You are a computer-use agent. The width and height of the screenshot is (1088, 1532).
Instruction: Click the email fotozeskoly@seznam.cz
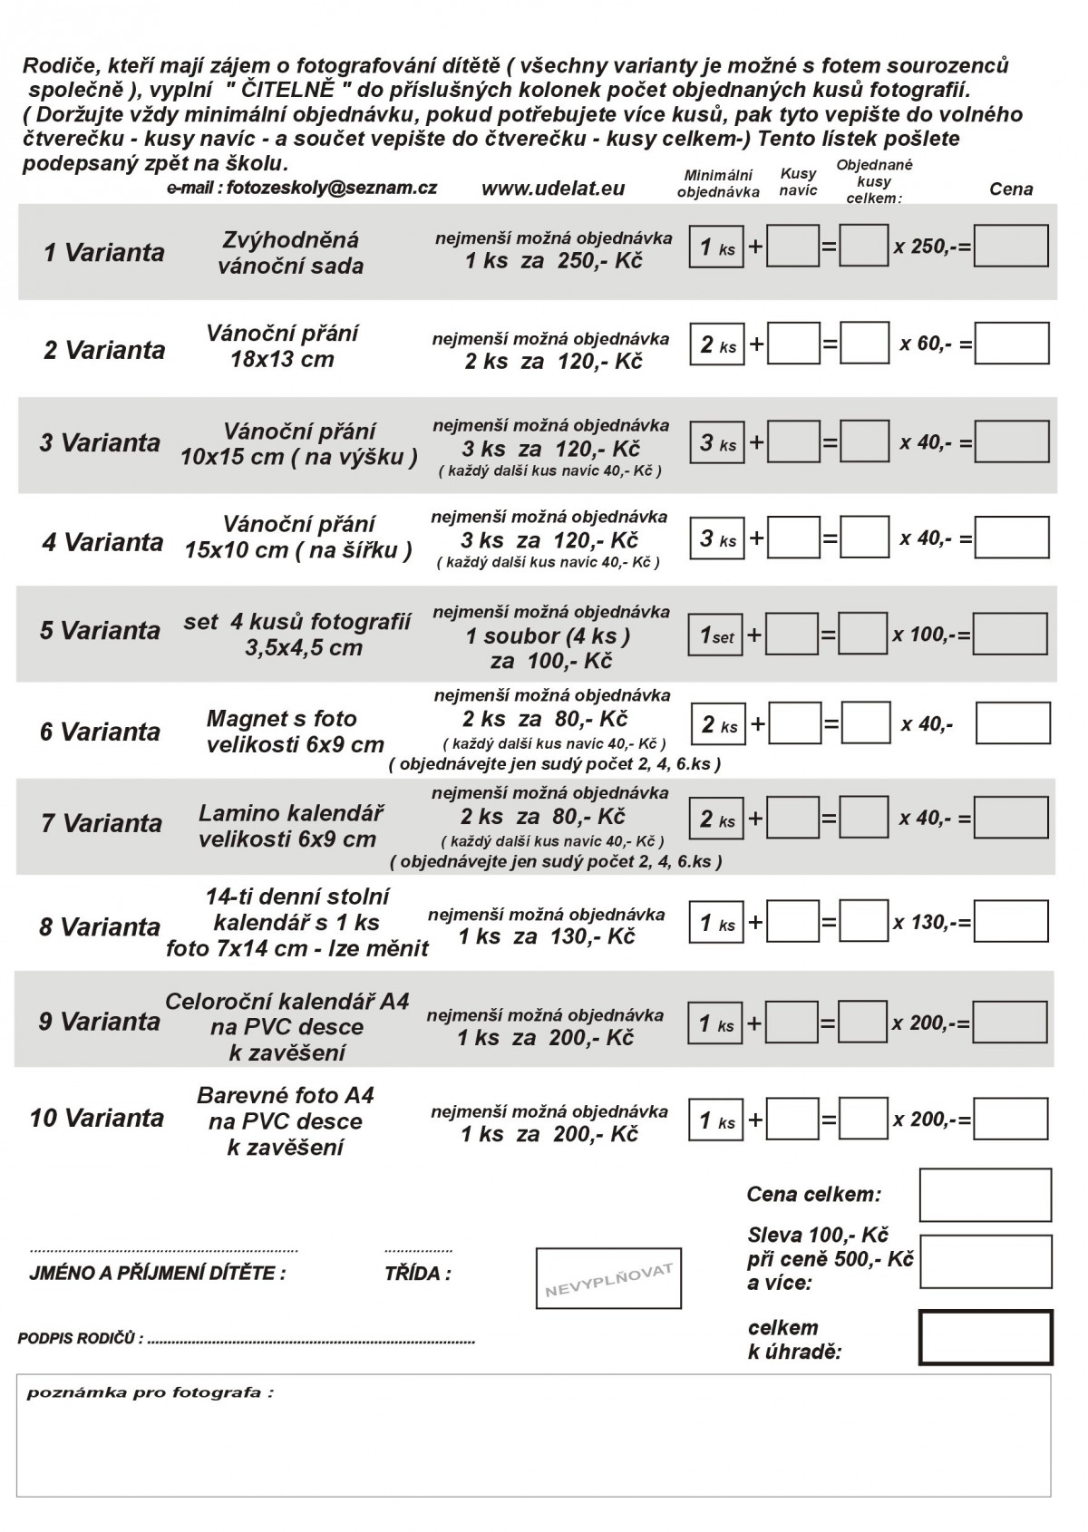[x=302, y=188]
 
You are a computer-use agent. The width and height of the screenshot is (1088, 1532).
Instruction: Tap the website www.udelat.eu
[x=552, y=189]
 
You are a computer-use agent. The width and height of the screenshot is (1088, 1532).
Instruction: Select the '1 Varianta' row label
[x=104, y=252]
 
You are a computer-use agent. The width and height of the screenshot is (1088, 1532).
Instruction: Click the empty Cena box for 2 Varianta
[x=1012, y=344]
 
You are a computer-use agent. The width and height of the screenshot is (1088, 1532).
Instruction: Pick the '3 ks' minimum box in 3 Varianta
[x=716, y=443]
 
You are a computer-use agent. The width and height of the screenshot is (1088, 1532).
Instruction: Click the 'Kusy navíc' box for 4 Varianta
[x=793, y=538]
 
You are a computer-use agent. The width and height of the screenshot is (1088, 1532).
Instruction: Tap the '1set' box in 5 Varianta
[x=716, y=635]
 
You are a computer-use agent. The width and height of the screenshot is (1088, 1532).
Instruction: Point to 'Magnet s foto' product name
[x=282, y=719]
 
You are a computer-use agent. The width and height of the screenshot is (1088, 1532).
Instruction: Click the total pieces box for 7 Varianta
[x=863, y=818]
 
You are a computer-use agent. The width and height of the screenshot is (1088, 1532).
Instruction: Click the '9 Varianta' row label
[x=99, y=1022]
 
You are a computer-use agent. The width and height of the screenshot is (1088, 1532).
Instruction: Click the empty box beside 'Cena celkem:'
[x=986, y=1195]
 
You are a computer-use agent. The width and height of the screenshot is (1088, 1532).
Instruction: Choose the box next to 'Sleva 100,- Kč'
[x=986, y=1261]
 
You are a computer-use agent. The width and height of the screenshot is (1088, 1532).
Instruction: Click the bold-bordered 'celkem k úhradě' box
[x=986, y=1337]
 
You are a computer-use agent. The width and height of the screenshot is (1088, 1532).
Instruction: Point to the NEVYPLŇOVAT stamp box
[x=608, y=1278]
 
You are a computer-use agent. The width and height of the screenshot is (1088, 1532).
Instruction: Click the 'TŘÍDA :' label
[x=417, y=1274]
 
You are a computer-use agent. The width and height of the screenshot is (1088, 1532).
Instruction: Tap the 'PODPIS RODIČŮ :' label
[x=81, y=1339]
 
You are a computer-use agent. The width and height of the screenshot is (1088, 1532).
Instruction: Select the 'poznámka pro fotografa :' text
[x=150, y=1392]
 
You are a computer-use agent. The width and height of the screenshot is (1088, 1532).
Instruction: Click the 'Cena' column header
[x=1010, y=189]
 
